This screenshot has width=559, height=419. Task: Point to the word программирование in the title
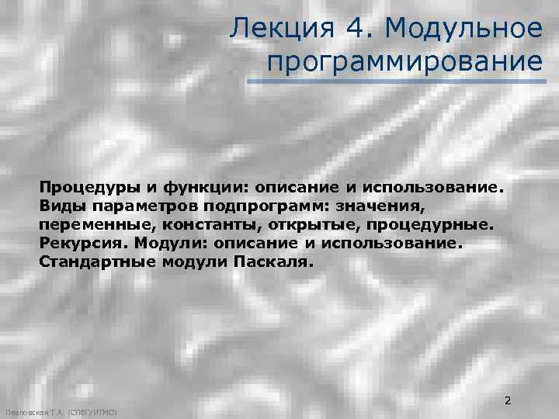coord(404,61)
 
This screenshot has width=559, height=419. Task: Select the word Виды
coord(60,206)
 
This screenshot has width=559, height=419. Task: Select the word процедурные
coord(426,225)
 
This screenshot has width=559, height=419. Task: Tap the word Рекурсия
coord(83,243)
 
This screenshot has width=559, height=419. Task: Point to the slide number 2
coord(508,401)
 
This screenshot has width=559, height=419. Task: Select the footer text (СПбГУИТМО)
coord(92,414)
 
